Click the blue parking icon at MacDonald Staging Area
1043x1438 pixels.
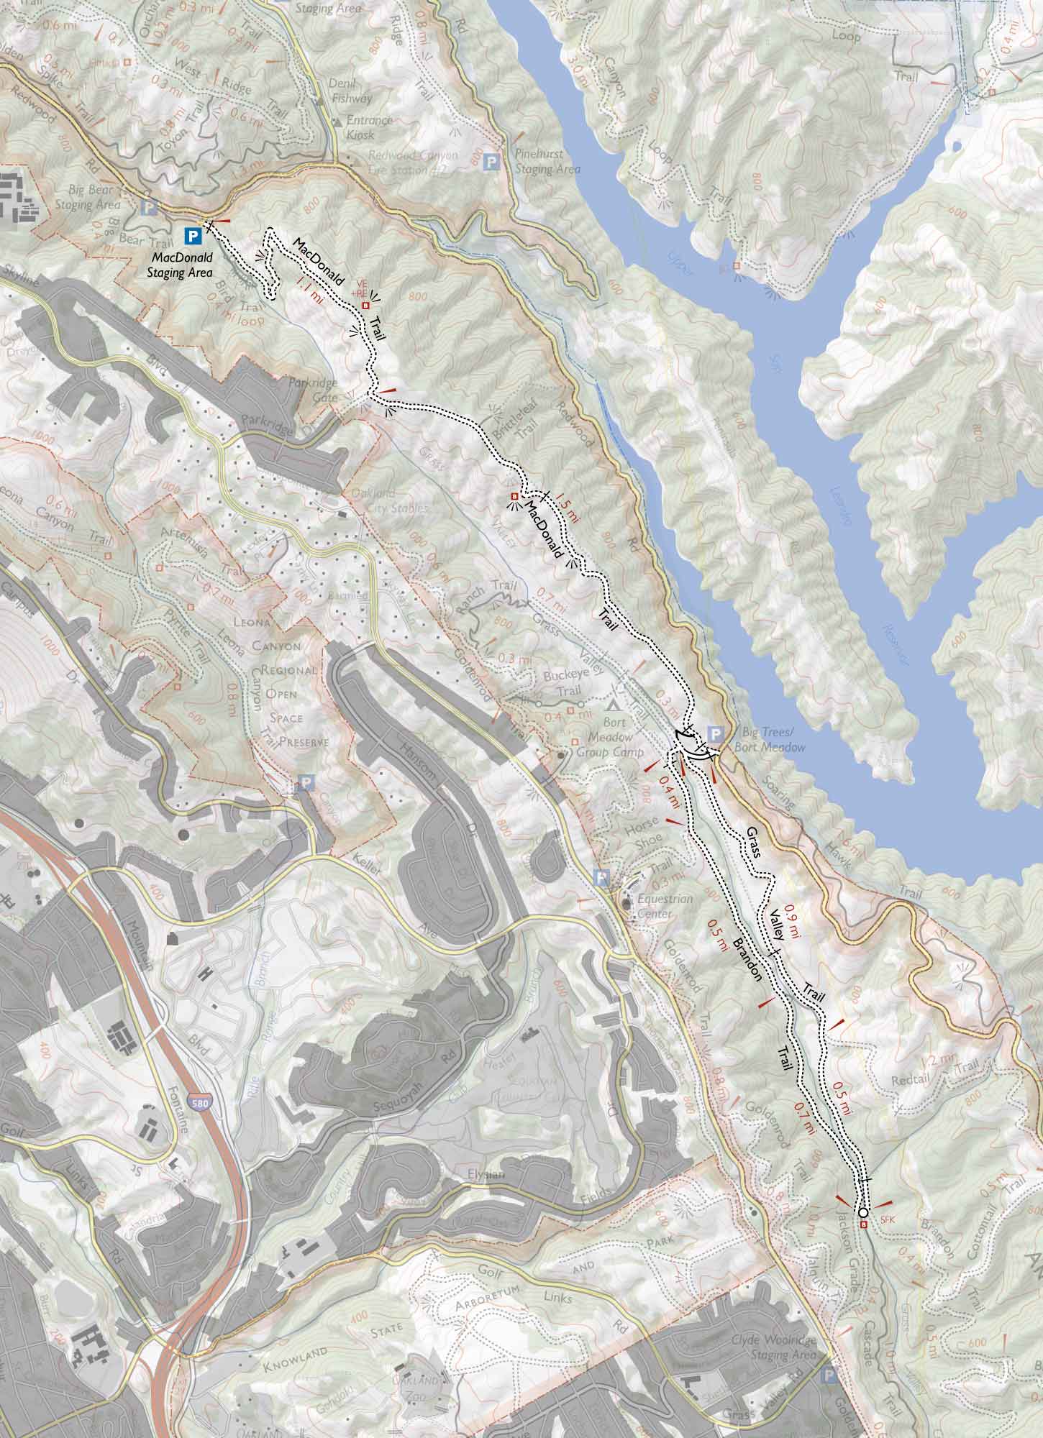[x=192, y=234]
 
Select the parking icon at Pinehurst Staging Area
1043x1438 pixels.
[x=492, y=161]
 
